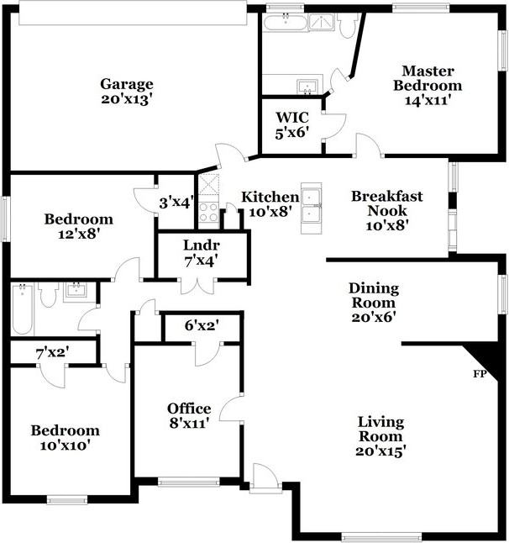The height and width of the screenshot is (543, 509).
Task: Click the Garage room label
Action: click(x=127, y=90)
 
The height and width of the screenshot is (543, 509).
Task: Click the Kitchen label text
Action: click(x=270, y=203)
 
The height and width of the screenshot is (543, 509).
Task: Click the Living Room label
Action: click(x=380, y=435)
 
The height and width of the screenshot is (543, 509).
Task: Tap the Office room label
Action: click(x=189, y=414)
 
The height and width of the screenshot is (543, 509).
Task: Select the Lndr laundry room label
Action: click(x=201, y=251)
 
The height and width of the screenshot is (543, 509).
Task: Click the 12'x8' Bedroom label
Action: click(x=78, y=226)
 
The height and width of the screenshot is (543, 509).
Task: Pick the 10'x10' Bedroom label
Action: click(x=66, y=437)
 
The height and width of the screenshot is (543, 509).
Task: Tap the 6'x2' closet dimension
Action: click(x=202, y=325)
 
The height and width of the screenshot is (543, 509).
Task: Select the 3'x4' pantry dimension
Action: click(x=176, y=202)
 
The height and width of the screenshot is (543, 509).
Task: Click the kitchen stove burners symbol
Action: click(x=208, y=214)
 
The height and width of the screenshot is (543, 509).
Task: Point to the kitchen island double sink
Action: click(x=313, y=206)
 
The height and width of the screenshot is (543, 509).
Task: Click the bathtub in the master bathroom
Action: click(x=286, y=22)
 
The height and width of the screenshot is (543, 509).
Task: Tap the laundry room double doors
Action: click(x=202, y=284)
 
